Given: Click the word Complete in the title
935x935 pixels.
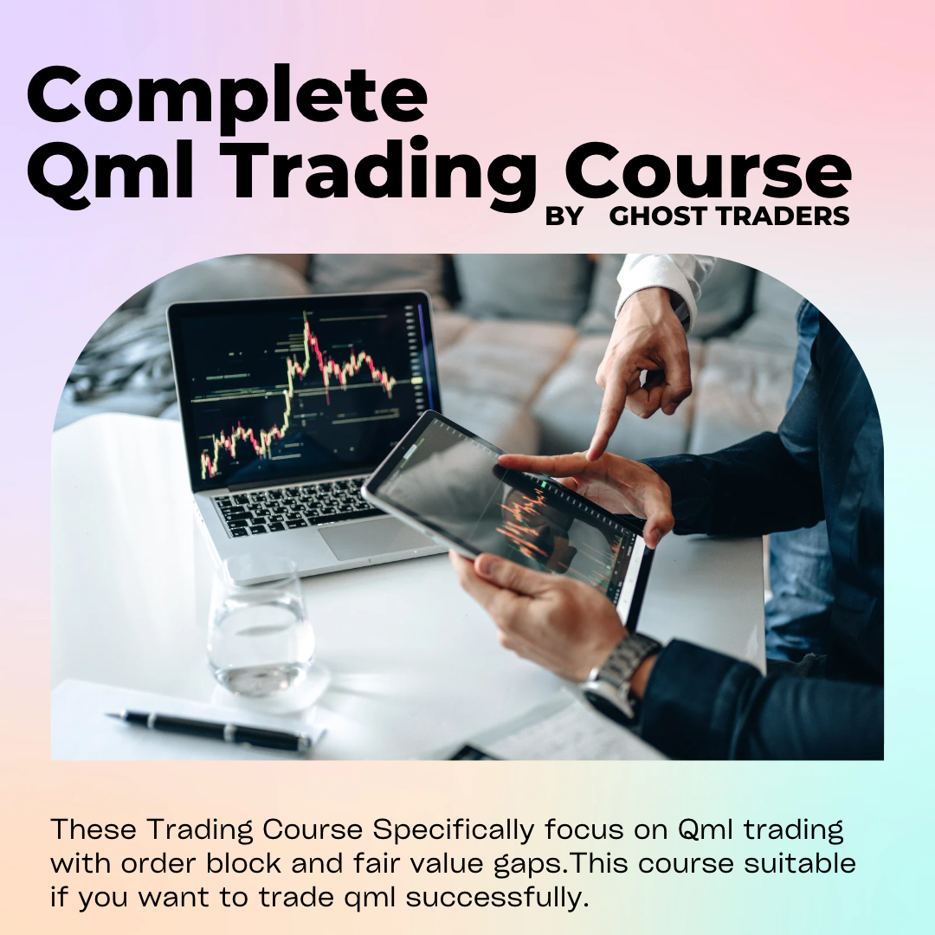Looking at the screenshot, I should click(227, 97).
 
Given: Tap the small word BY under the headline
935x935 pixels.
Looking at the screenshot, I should click(564, 216).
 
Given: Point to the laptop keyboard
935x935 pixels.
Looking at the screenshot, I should click(294, 506).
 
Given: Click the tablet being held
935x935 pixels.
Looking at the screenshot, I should click(511, 511).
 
